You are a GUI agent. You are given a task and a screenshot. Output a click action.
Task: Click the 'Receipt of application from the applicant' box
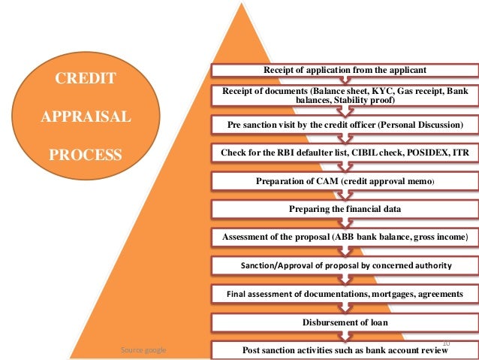(x=345, y=70)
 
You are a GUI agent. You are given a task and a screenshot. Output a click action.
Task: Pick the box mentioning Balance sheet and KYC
(x=345, y=96)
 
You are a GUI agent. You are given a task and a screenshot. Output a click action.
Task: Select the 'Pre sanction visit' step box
(x=345, y=124)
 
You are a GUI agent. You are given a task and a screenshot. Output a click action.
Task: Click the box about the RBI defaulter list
(x=345, y=153)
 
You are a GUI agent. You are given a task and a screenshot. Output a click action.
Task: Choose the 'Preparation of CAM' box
(x=345, y=181)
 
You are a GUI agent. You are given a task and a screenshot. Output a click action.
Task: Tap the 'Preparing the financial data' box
(x=345, y=209)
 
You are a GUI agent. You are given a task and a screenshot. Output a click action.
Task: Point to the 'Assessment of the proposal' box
(x=345, y=237)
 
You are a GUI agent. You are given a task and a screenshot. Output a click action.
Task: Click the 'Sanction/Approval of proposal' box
(x=345, y=265)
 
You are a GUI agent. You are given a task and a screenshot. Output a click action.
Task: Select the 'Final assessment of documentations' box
(x=345, y=294)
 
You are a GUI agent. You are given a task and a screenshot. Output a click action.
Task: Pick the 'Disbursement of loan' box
(x=345, y=322)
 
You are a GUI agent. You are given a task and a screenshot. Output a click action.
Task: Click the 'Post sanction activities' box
(x=345, y=350)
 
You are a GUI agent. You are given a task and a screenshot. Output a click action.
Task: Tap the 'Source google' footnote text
(x=144, y=350)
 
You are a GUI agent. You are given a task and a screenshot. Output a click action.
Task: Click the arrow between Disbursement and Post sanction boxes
(x=345, y=336)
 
